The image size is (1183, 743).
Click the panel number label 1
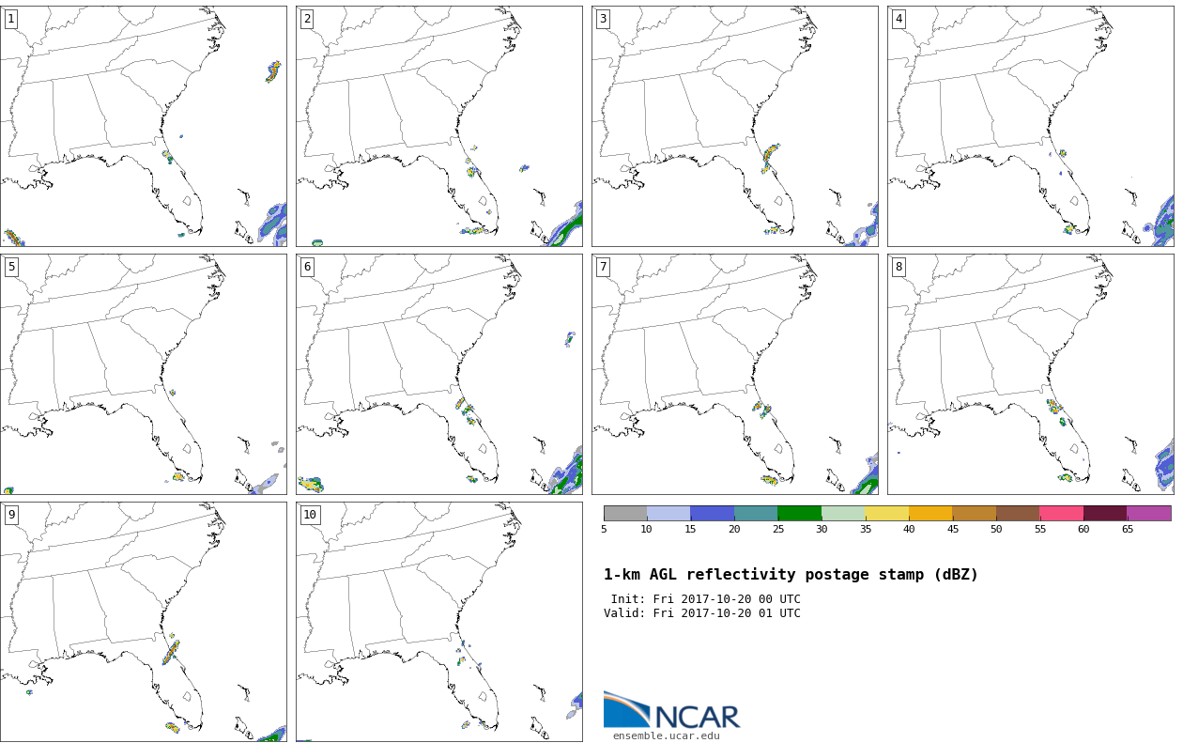(11, 20)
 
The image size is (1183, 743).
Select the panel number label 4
(899, 20)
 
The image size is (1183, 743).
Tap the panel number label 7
(603, 267)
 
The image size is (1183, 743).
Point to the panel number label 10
(310, 515)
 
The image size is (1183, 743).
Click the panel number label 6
(307, 267)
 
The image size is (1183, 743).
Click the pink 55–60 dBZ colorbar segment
(1061, 513)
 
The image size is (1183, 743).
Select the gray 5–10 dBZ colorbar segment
(625, 513)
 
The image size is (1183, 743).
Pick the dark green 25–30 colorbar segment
(799, 513)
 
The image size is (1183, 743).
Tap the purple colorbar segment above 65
(1148, 513)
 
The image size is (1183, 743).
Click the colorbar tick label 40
(909, 529)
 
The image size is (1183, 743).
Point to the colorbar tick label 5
(604, 529)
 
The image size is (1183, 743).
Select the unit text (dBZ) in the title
(956, 575)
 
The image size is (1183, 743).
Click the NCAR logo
(672, 710)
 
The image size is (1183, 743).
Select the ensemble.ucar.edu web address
(666, 735)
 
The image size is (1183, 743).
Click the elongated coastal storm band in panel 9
(171, 652)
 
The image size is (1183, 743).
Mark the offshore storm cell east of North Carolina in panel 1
(273, 71)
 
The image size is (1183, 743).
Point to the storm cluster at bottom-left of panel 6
(311, 484)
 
